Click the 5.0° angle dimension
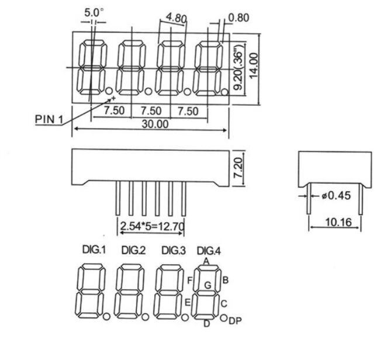coord(94,13)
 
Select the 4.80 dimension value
coord(176,18)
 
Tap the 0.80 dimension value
coord(239,18)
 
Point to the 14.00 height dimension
coord(254,66)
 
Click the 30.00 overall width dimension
coord(155,124)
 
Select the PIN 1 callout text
coord(49,119)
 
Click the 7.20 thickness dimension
coord(239,168)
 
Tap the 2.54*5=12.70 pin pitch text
coord(152,226)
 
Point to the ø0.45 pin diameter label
coord(336,196)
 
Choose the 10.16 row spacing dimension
coord(338,222)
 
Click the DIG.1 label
coord(94,250)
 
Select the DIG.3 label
coord(174,251)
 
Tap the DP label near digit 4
coord(236,321)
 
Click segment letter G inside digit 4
coord(208,285)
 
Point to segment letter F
coord(190,281)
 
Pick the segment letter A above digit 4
coord(206,261)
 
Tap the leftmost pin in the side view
coord(118,198)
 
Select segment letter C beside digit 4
coord(224,303)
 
